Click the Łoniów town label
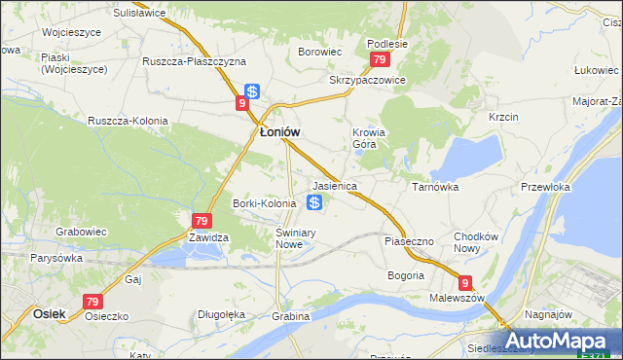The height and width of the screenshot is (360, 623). point(278,132)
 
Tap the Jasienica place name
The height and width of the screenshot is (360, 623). point(334,185)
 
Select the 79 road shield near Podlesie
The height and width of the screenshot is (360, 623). point(381,60)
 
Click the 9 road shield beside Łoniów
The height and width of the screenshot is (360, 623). point(241,102)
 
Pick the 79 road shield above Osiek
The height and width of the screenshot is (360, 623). point(92,303)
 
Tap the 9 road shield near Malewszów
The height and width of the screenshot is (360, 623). point(466,283)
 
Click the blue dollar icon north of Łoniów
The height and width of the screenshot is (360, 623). point(252,91)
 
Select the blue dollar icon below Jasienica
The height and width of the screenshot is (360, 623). point(314,202)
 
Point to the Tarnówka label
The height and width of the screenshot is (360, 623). point(435,185)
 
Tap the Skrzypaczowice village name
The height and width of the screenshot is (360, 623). point(366,81)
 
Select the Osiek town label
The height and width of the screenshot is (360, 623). point(49,313)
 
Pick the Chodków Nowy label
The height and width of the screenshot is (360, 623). point(476,242)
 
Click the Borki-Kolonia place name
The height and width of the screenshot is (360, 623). point(264,203)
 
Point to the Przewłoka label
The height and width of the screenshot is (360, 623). point(545,186)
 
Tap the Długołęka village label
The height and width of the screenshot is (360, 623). point(221,314)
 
